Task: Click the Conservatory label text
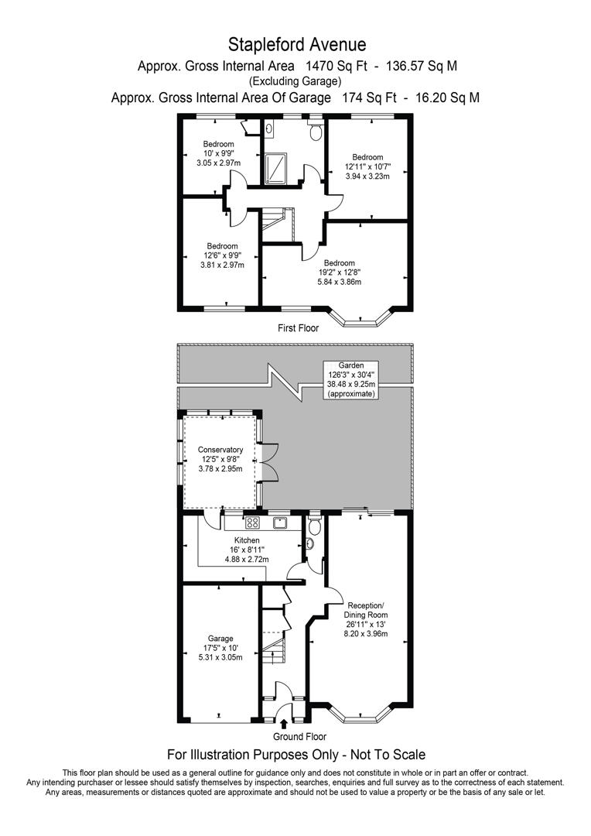220,459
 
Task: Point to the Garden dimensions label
350,379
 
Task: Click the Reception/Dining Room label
366,619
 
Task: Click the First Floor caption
299,328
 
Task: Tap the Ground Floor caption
299,737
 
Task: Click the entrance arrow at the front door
284,723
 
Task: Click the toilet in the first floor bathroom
315,133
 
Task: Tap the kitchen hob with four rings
251,522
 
